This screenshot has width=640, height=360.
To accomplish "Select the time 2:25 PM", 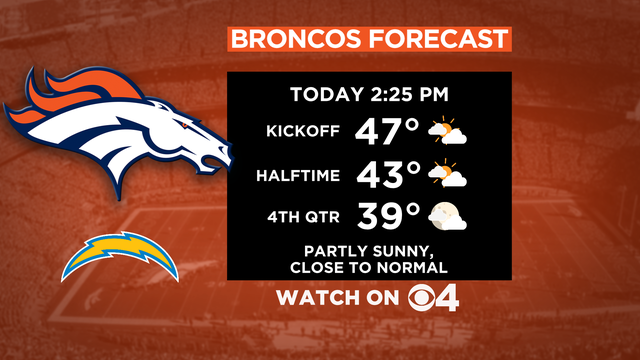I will (x=405, y=96).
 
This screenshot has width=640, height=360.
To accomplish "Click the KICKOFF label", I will (x=306, y=131).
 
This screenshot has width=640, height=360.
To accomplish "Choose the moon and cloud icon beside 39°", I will (x=446, y=215).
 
